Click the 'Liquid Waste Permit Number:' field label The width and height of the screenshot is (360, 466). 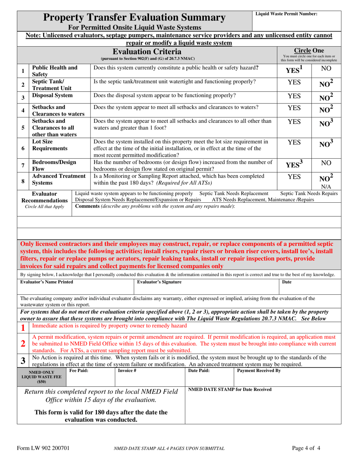tap(286, 14)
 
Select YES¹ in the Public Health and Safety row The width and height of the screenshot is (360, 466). tap(294, 70)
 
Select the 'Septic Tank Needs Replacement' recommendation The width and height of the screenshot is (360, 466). tap(234, 194)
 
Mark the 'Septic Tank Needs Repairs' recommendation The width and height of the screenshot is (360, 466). tap(309, 194)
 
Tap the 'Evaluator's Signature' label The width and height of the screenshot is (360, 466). tap(159, 282)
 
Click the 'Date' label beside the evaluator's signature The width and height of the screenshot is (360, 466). tap(287, 282)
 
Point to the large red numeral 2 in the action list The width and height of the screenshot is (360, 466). tap(23, 344)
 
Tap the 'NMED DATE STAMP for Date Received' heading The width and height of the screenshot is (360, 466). tap(230, 390)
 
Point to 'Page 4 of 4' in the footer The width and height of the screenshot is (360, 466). tap(307, 449)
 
